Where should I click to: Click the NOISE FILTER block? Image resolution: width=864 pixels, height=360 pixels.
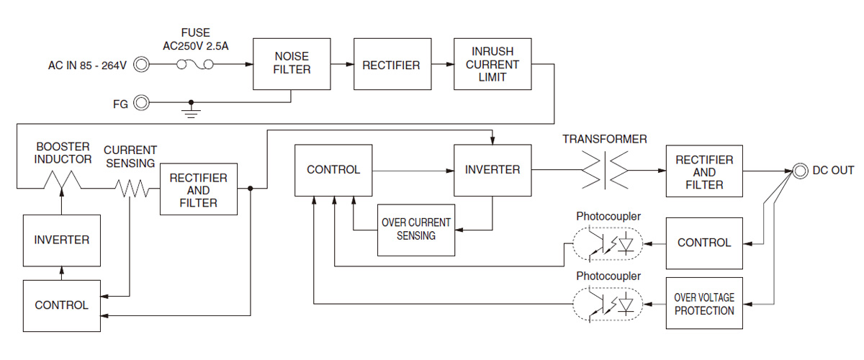point(291,64)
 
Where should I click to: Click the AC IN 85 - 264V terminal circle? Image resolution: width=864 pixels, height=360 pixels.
point(143,66)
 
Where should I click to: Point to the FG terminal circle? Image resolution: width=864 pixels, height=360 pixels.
point(143,103)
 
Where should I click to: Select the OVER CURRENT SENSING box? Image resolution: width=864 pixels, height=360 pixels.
point(416,229)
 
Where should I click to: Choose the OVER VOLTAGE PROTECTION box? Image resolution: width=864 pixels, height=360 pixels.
point(704,303)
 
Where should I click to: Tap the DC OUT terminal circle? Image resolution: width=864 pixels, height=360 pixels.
point(799,171)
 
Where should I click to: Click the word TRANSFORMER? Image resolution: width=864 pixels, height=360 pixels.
point(604,139)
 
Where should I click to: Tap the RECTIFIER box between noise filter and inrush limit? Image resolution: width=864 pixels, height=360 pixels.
point(391,65)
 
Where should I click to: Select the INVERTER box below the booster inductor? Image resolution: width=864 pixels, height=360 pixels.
point(61,239)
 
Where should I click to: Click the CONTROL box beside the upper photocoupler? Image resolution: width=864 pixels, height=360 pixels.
point(704,243)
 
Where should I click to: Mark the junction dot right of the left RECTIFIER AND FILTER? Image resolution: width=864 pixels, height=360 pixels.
point(250,189)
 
